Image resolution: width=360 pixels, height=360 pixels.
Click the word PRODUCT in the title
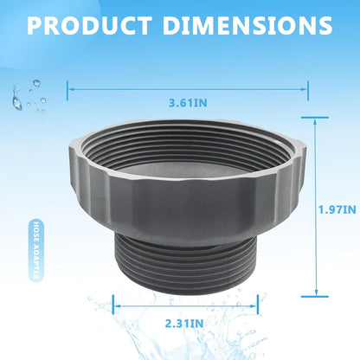(x=90, y=25)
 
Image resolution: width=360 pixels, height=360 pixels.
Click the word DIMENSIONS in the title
(x=247, y=25)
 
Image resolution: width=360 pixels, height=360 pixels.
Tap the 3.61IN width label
(x=188, y=103)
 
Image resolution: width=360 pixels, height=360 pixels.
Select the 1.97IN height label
(x=337, y=209)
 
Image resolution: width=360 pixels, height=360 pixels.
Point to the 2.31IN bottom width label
(x=184, y=324)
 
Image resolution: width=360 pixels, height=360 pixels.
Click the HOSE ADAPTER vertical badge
(x=36, y=250)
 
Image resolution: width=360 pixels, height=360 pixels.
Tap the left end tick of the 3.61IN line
(x=67, y=91)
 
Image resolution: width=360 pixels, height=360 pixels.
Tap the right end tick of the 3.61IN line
(x=308, y=91)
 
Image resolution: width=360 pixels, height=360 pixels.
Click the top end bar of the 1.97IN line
(x=315, y=118)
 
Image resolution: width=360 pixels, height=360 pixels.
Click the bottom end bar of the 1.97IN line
(x=315, y=296)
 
